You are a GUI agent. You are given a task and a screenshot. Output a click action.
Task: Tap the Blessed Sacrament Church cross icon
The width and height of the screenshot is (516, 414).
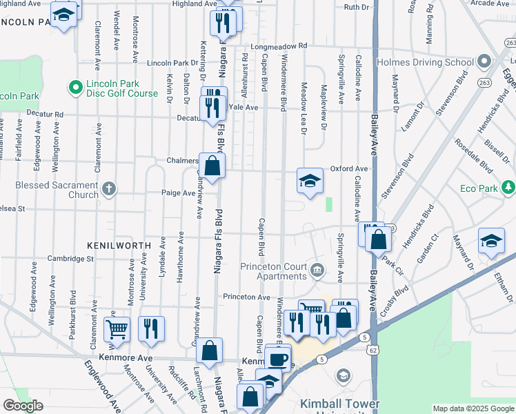click(108, 188)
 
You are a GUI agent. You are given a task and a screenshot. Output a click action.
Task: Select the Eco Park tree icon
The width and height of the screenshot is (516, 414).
click(508, 188)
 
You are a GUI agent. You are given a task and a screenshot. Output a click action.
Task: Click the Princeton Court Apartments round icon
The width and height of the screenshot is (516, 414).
click(317, 269)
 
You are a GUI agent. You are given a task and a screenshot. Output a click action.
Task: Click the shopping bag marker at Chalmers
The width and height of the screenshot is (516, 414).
click(213, 166)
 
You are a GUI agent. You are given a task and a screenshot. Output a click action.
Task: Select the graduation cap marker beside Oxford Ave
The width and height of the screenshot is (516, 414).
click(310, 181)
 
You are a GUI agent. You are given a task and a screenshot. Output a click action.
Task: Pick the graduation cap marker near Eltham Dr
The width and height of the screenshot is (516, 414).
click(490, 241)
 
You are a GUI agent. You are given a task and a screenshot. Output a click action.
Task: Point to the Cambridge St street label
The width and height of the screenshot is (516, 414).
click(70, 259)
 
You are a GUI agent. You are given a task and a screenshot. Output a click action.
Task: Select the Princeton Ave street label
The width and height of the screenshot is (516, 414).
click(246, 297)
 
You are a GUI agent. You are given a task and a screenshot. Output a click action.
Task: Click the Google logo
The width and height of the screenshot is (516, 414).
click(23, 406)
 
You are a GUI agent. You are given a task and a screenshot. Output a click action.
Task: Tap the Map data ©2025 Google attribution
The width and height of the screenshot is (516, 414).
click(473, 408)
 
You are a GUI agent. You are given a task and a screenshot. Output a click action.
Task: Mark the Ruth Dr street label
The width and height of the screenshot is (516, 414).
click(357, 7)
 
